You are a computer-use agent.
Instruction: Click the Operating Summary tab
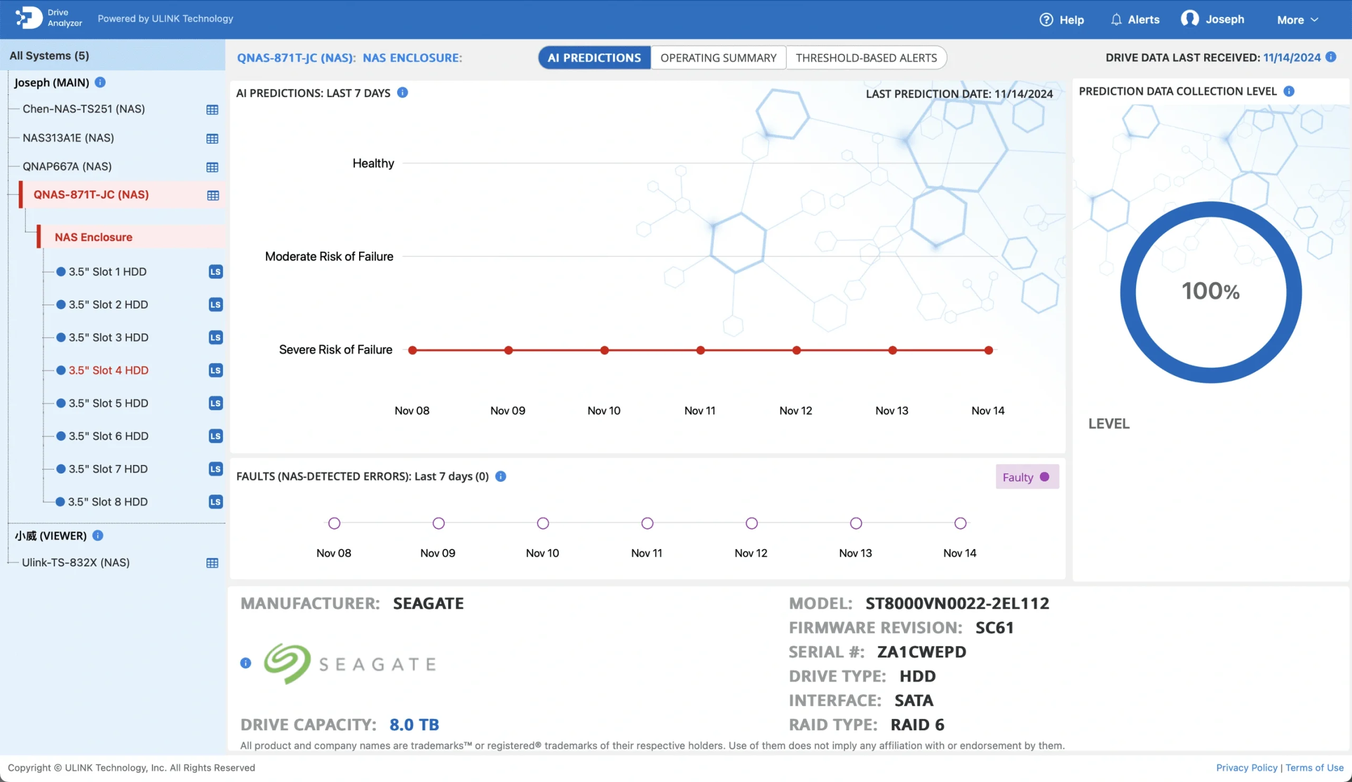[718, 58]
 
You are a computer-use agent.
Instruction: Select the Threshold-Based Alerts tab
[866, 58]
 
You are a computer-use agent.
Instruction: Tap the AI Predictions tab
[594, 58]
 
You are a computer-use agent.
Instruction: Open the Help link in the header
[1062, 20]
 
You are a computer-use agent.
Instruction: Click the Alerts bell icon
[1116, 20]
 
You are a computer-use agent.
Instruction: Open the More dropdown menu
[1297, 20]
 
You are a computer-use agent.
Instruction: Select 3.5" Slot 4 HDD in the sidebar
[108, 370]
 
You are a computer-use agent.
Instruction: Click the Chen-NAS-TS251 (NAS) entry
[83, 109]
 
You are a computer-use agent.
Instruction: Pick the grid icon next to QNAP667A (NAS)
[212, 167]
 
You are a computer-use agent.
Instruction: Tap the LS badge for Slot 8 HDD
[215, 502]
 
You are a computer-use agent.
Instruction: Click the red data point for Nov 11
[700, 350]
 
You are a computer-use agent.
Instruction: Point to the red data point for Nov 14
[988, 350]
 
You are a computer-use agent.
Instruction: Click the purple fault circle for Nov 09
[438, 523]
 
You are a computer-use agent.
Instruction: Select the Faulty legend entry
[1026, 477]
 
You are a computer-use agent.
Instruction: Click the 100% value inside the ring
[1210, 292]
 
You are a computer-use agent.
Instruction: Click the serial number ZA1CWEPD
[921, 652]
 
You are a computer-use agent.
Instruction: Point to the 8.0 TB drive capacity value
[414, 724]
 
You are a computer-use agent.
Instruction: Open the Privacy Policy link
[1246, 768]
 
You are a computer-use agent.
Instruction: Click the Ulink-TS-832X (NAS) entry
[76, 563]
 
